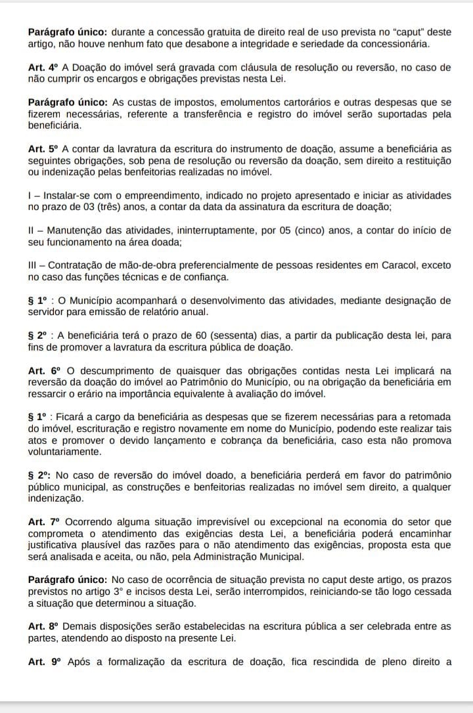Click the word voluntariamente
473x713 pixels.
[64, 452]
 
